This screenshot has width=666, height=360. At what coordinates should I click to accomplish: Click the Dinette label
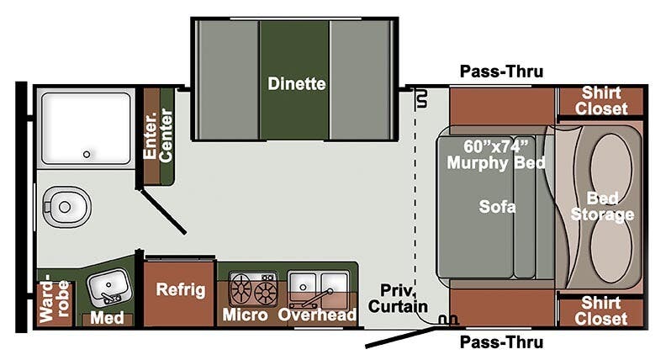(x=297, y=83)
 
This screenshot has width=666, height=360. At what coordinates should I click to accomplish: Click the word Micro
(x=245, y=315)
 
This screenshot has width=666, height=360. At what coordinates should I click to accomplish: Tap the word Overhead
(x=318, y=315)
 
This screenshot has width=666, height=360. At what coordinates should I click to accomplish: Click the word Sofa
(x=497, y=205)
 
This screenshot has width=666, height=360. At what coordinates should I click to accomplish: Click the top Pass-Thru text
(x=501, y=71)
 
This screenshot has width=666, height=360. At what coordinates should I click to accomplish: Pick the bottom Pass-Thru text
(x=501, y=342)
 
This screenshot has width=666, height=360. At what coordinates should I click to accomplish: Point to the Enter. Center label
(x=157, y=136)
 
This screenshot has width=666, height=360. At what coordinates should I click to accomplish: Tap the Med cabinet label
(x=108, y=318)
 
